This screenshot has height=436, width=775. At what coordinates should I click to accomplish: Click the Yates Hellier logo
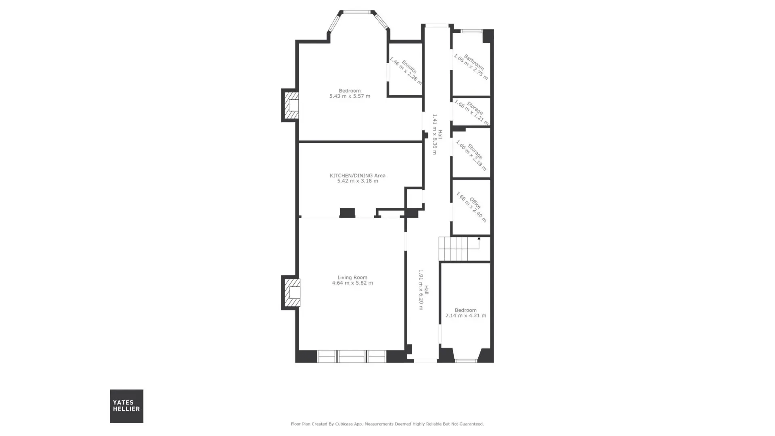126,406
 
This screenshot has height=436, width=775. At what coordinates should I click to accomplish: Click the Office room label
475,203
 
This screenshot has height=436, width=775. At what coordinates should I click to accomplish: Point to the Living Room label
352,277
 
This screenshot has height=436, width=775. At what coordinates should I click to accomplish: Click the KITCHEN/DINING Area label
358,176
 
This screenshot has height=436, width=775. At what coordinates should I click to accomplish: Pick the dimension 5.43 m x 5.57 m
350,96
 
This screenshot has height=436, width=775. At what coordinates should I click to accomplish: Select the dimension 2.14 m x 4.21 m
465,316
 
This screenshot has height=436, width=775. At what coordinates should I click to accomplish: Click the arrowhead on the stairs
479,239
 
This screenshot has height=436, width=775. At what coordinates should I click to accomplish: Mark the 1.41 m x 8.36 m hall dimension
435,134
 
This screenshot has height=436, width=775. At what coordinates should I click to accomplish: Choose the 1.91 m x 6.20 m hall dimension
421,289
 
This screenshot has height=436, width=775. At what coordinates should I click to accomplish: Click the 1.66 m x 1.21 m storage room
471,112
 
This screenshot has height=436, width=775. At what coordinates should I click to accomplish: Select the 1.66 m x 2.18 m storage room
471,153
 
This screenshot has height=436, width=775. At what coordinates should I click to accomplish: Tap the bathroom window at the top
471,31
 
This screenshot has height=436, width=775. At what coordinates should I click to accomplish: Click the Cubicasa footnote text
387,424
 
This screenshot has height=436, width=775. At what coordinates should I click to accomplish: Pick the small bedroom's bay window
466,361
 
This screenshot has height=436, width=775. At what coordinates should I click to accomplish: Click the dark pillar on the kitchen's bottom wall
347,213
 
